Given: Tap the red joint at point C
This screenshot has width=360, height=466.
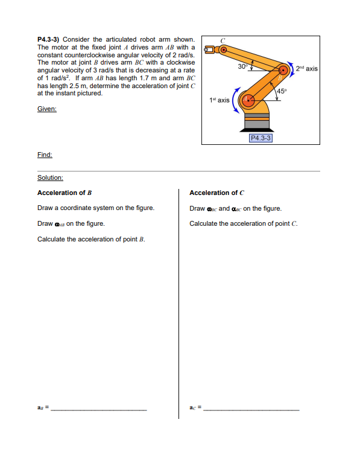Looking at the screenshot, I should pos(223,50).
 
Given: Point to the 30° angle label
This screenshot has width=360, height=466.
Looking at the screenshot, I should pos(242,65).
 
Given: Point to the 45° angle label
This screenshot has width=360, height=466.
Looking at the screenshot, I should pos(281,91).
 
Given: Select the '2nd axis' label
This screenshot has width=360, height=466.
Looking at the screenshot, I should pos(307,69).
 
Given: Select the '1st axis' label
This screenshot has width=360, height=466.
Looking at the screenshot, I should pos(219,100).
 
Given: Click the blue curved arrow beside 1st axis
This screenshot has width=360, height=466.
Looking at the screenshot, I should pos(236,101).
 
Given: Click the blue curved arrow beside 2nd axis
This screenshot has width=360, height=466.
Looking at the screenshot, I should pos(293,69).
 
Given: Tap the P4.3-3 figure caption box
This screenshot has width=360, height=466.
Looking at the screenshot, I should pos(261,138).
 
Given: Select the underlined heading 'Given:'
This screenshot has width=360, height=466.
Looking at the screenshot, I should pos(46,109).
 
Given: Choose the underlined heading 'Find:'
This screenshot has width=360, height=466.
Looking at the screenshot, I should pos(45,155).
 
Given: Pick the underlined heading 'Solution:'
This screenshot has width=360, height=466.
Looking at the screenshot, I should pos(50,177).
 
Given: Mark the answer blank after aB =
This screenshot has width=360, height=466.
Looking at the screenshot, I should pos(98,410).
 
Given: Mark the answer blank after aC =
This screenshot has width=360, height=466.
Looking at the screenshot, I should pos(251,410).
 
